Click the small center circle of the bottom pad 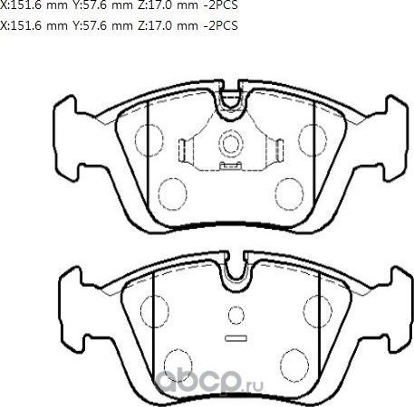(x=236, y=317)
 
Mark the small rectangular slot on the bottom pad (x=236, y=339)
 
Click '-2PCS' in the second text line (x=218, y=25)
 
